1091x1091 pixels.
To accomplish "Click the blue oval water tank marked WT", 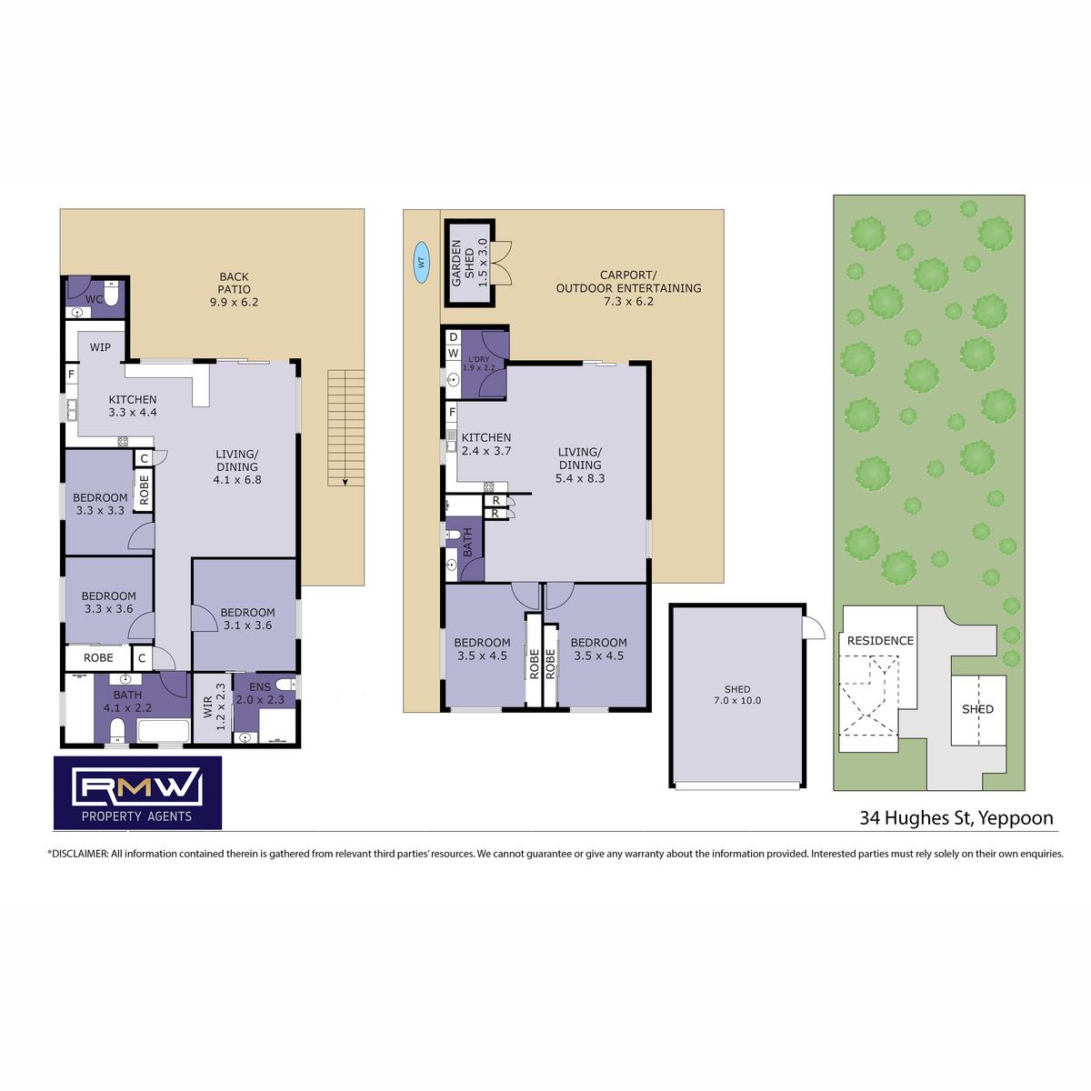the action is (421, 262).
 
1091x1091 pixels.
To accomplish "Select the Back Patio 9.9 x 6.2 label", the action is (234, 289).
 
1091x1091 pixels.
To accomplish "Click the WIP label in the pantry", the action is (100, 347).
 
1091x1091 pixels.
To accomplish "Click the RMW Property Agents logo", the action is (137, 793).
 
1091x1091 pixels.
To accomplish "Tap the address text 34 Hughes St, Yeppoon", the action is (956, 818).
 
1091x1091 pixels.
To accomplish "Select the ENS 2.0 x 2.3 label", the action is (260, 694).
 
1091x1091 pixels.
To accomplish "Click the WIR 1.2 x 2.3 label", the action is (214, 706).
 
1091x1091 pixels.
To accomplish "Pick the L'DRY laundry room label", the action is (479, 364).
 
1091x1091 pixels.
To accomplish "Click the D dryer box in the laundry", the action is (453, 337).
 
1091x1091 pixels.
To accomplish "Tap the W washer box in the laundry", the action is (453, 354).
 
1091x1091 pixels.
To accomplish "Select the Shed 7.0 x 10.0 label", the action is (737, 695).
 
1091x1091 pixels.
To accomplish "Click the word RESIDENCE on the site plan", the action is (880, 641).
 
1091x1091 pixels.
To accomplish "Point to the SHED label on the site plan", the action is (977, 709).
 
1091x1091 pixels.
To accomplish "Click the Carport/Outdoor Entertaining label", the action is (628, 288).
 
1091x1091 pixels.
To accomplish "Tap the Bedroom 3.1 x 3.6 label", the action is (247, 619).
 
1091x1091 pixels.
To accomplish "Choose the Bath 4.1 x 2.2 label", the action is (127, 701).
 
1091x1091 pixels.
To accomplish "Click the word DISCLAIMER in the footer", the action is (79, 853).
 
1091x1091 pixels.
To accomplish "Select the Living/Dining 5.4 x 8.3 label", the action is (580, 465).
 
